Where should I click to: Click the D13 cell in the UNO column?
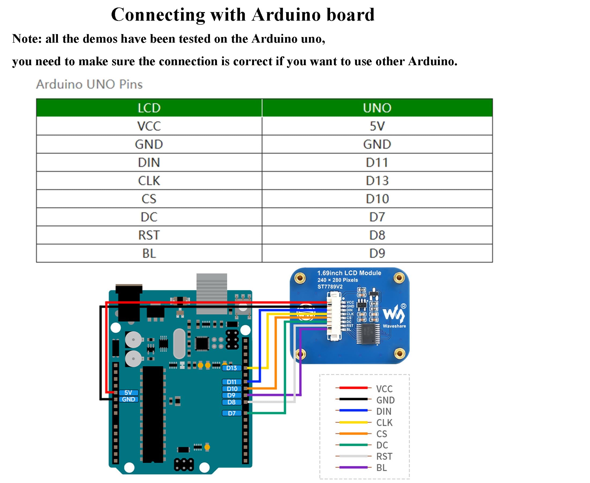377,181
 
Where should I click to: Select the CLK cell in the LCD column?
149,181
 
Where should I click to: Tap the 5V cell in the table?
377,126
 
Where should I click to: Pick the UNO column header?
377,108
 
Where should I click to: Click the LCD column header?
149,108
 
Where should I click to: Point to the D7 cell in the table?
377,217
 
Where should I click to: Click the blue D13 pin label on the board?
232,368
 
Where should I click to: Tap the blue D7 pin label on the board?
232,414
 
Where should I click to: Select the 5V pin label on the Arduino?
128,393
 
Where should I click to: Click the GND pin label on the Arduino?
128,399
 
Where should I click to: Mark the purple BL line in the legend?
353,467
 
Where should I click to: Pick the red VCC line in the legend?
353,388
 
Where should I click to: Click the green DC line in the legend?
353,445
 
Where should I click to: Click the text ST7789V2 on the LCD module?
330,287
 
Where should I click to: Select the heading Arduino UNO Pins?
89,84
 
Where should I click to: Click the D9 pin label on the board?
231,395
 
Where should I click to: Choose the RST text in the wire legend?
384,456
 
